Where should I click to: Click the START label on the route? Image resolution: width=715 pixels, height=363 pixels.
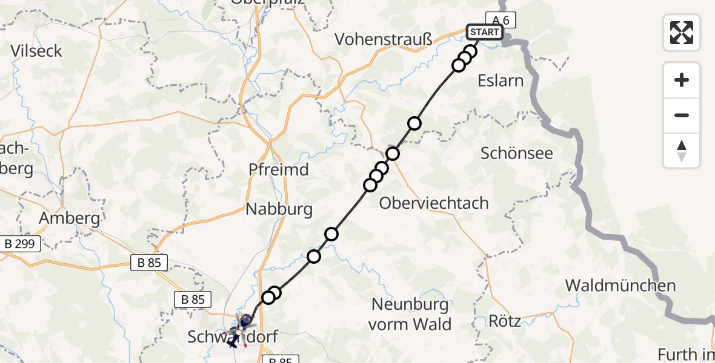[x=484, y=32]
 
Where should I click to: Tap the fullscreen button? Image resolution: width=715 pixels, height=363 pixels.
[x=682, y=32]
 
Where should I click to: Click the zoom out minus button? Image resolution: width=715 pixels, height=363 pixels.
[x=682, y=115]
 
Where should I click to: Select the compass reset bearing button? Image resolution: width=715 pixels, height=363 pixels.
[x=682, y=151]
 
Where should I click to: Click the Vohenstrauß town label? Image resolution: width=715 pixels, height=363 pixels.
[x=384, y=40]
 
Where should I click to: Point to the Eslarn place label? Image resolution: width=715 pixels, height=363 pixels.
[x=501, y=80]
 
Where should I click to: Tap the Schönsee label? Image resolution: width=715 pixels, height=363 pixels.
[x=517, y=153]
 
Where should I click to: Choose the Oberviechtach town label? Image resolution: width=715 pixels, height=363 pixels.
[x=434, y=203]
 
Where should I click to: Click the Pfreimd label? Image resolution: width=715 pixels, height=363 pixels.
[x=279, y=170]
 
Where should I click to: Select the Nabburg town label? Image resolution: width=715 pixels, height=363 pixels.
[x=279, y=210]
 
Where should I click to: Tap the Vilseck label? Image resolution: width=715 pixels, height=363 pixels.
[x=37, y=51]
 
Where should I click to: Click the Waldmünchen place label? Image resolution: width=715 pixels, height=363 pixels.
[x=620, y=286]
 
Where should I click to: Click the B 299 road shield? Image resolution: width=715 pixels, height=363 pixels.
[x=21, y=244]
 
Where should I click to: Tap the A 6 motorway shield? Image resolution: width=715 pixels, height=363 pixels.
[x=501, y=20]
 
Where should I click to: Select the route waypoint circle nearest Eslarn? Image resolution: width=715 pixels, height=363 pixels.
[x=459, y=65]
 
